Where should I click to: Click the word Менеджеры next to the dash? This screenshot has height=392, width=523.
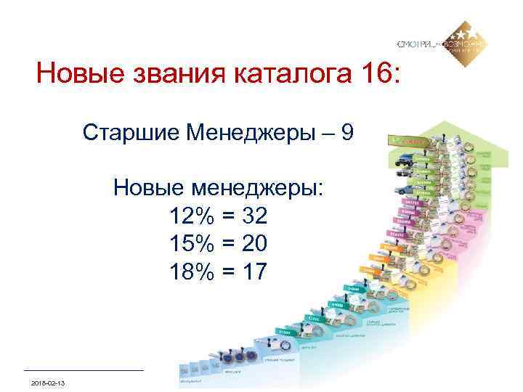click(x=249, y=133)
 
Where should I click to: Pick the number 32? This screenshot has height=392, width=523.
click(x=254, y=216)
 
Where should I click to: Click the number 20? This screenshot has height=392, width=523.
click(x=254, y=243)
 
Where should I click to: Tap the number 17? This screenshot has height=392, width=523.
click(x=254, y=271)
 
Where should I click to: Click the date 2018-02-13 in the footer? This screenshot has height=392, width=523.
click(x=48, y=382)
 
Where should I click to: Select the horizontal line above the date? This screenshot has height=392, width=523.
click(x=84, y=370)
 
